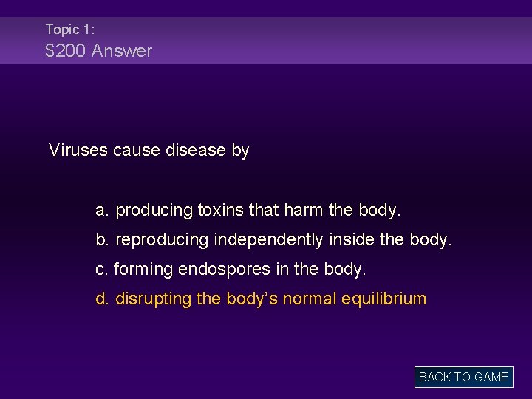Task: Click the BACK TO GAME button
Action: pyautogui.click(x=463, y=377)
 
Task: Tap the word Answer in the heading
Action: pyautogui.click(x=122, y=51)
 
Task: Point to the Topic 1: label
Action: pyautogui.click(x=69, y=30)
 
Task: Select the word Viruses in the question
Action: pyautogui.click(x=78, y=150)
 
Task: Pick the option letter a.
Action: pyautogui.click(x=103, y=211)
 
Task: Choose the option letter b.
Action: pyautogui.click(x=103, y=240)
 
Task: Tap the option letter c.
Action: pyautogui.click(x=102, y=270)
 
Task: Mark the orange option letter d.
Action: pyautogui.click(x=103, y=299)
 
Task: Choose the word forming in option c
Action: pyautogui.click(x=143, y=270)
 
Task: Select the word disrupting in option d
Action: pyautogui.click(x=152, y=299)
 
